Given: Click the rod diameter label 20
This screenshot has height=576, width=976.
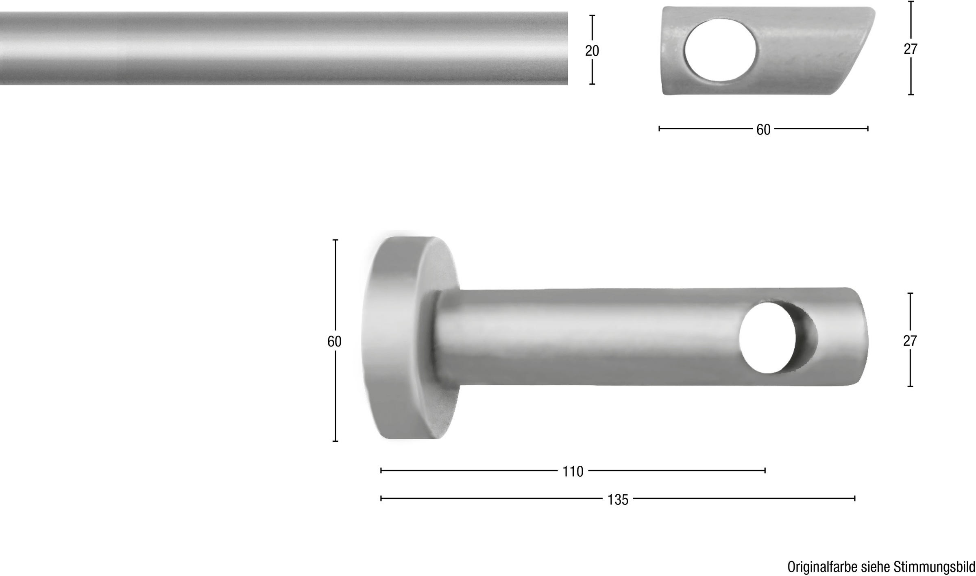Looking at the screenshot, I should pyautogui.click(x=592, y=51).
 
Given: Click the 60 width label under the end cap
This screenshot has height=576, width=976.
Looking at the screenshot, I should pyautogui.click(x=763, y=130).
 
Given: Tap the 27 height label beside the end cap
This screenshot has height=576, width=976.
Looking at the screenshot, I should pyautogui.click(x=911, y=49).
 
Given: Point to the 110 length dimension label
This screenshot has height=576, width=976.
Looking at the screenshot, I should pyautogui.click(x=573, y=471).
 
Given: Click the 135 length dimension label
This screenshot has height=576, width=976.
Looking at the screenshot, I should pyautogui.click(x=618, y=500).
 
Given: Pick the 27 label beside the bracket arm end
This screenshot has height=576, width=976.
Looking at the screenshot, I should pyautogui.click(x=910, y=341).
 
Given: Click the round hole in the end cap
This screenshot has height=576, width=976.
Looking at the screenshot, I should pyautogui.click(x=720, y=50).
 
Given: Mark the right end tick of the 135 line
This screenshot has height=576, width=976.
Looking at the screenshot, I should pyautogui.click(x=855, y=498).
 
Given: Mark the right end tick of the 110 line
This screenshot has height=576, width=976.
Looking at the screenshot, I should pyautogui.click(x=765, y=471).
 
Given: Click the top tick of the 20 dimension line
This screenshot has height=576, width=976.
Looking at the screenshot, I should pyautogui.click(x=592, y=16).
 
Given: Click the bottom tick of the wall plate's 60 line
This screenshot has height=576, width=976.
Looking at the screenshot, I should pyautogui.click(x=335, y=441).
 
